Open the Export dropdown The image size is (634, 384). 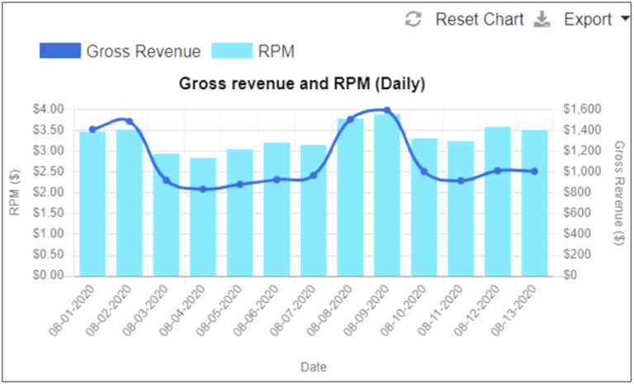coord(588,20)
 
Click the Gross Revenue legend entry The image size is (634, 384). coord(120,51)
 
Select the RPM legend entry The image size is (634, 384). coord(253,51)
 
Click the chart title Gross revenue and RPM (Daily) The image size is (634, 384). coord(302,84)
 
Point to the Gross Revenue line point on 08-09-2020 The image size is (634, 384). coord(387,111)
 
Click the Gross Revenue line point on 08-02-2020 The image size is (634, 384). coord(130,121)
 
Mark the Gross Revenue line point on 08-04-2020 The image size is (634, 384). coord(203,189)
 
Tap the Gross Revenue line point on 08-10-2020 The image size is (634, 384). coord(424,172)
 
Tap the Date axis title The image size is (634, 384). coord(313,364)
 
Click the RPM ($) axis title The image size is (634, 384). coord(14,192)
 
